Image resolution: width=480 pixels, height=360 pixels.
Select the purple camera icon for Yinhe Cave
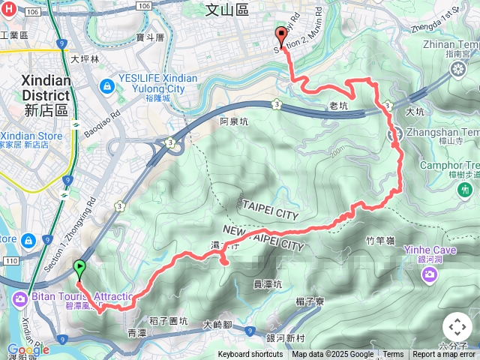430,274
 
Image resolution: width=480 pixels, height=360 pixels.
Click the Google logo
28,349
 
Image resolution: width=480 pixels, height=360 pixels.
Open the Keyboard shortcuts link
250,355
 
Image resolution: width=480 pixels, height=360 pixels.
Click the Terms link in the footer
393,355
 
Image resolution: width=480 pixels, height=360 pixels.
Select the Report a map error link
445,355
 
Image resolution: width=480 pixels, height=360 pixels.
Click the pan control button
457,327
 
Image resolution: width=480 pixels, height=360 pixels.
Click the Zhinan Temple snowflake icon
457,70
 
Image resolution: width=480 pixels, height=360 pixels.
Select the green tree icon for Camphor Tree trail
463,190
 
